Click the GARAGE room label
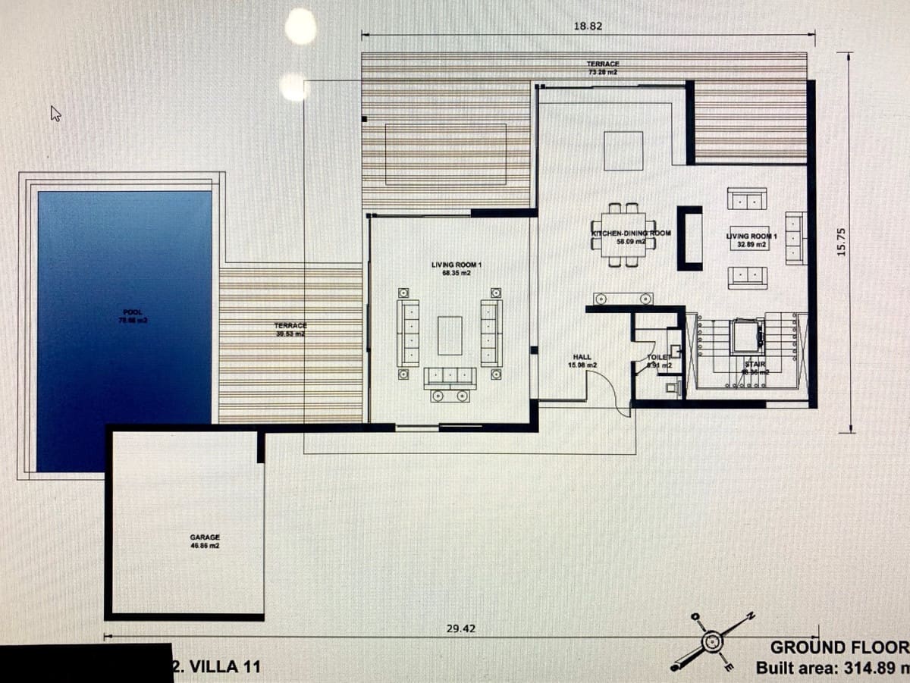click(x=205, y=540)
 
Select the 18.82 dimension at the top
click(x=588, y=26)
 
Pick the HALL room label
click(x=582, y=361)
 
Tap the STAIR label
click(x=755, y=368)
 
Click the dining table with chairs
click(x=623, y=235)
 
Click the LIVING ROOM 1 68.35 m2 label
click(x=457, y=268)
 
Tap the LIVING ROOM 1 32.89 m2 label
click(x=752, y=240)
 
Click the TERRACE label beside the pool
click(x=290, y=330)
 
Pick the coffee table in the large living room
click(x=450, y=336)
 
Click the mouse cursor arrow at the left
click(x=55, y=114)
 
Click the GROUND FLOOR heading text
click(x=839, y=647)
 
